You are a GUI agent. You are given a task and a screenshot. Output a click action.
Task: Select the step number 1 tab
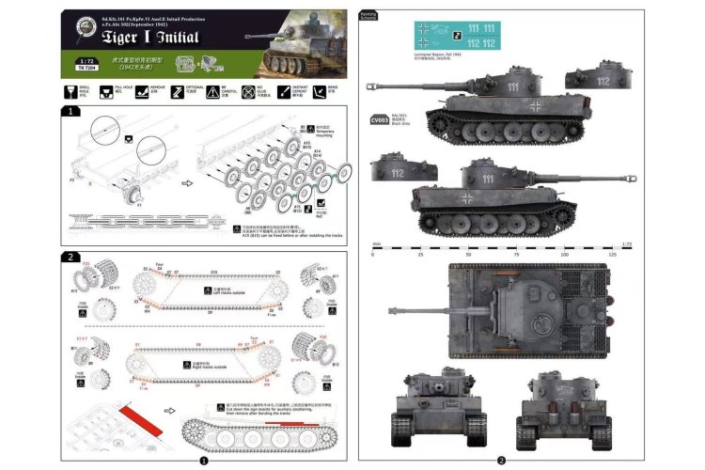(x=69, y=111)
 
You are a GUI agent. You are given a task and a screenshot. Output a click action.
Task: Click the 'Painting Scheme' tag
(x=369, y=16)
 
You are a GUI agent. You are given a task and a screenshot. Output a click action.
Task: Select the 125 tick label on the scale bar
(x=612, y=254)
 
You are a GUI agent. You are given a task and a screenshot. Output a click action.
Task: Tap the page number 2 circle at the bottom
(x=501, y=461)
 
